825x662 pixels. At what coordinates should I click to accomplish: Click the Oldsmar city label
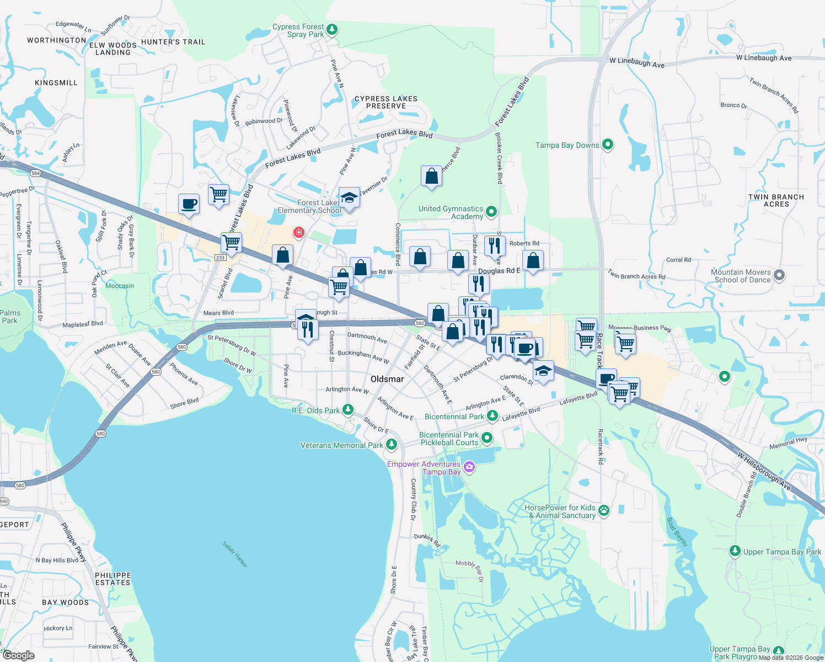(387, 379)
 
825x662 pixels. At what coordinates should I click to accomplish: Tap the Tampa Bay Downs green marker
(608, 145)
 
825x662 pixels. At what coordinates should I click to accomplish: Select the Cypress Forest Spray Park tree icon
(332, 29)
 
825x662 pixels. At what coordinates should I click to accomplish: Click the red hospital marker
(298, 232)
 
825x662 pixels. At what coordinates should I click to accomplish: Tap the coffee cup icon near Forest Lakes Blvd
(189, 204)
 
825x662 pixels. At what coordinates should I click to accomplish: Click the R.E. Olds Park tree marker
(347, 409)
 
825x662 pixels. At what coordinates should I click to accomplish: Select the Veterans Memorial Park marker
(392, 444)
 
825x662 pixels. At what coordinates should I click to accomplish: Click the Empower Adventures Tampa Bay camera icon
(469, 467)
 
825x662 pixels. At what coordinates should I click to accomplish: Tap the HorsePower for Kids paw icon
(604, 510)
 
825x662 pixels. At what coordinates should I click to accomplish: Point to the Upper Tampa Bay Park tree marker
(735, 551)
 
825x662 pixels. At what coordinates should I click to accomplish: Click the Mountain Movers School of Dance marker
(779, 275)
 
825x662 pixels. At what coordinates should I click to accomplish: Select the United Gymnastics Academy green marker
(491, 211)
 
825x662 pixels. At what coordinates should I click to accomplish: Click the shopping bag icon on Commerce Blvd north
(431, 177)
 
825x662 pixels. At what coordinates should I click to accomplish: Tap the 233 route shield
(221, 258)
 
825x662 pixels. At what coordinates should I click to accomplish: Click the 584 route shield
(36, 173)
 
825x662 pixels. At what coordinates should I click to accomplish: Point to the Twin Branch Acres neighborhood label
(776, 200)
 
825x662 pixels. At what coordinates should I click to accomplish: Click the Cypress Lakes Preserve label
(386, 102)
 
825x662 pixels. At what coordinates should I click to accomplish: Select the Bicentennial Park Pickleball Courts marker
(487, 438)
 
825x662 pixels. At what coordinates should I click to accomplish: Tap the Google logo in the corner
(18, 655)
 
